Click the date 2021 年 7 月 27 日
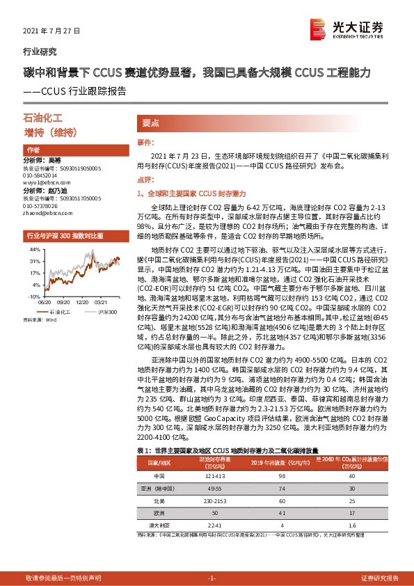52,31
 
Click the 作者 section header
33,150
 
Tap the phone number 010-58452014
41,175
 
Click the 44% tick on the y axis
33,249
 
